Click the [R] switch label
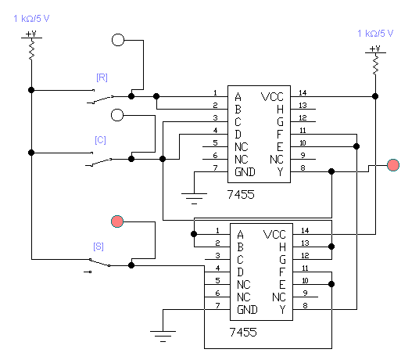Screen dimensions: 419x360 [102, 77]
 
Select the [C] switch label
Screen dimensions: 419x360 [101, 140]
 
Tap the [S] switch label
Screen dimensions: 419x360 [98, 247]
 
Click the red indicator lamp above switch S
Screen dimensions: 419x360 [117, 221]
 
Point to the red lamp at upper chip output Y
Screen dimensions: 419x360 [393, 165]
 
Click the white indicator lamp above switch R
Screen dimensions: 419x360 [118, 40]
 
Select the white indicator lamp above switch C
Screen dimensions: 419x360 [117, 115]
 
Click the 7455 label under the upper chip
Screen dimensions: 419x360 [241, 194]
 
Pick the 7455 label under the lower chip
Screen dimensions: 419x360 [243, 332]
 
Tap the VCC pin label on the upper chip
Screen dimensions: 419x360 [272, 97]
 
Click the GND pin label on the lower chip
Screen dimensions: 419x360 [247, 310]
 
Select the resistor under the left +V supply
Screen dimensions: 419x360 [31, 49]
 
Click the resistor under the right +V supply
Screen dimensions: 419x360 [375, 64]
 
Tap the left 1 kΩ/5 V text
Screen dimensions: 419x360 [31, 19]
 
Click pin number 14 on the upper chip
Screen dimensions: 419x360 [303, 93]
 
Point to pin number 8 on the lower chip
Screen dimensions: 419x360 [305, 305]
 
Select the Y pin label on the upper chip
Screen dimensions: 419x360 [280, 171]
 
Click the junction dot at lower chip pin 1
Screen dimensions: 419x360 [194, 234]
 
